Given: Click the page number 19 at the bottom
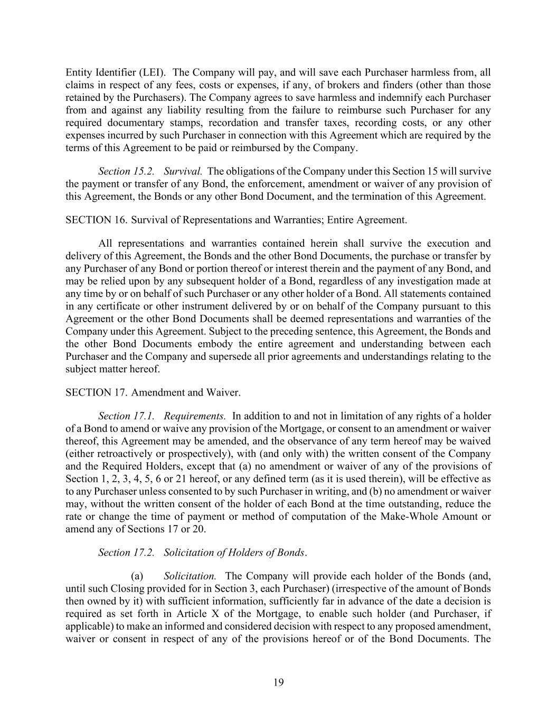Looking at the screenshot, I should pyautogui.click(x=278, y=682).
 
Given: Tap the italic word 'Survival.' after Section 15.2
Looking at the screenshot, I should pyautogui.click(x=183, y=171).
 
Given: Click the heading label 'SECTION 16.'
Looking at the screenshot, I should pyautogui.click(x=96, y=220).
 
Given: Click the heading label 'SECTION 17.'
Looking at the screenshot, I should pyautogui.click(x=96, y=392).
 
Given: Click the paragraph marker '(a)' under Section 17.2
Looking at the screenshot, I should pyautogui.click(x=137, y=575).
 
